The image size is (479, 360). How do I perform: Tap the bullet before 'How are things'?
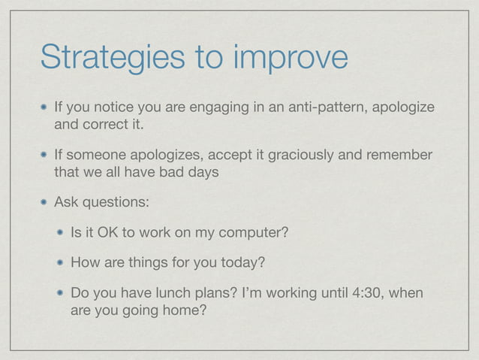click(x=59, y=262)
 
